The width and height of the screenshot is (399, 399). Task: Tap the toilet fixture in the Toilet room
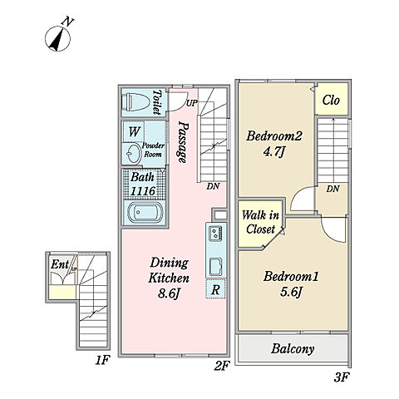137,102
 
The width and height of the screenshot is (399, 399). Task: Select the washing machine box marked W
134,131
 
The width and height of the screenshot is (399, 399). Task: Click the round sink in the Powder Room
133,154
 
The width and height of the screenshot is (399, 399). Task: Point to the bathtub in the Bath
145,212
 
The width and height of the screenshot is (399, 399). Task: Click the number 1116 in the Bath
143,191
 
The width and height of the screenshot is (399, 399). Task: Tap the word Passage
183,142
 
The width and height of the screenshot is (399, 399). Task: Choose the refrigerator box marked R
215,289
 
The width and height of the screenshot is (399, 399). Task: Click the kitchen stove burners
215,234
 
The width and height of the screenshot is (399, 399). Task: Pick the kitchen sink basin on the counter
215,267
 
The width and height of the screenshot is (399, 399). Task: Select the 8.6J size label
169,293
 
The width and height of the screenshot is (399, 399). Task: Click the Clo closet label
331,100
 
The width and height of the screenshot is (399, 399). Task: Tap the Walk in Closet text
260,222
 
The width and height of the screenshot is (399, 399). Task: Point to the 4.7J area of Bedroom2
274,151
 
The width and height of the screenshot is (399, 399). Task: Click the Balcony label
293,348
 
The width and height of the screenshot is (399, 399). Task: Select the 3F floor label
342,377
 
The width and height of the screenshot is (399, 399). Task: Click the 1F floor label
103,360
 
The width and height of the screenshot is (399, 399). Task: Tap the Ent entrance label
59,264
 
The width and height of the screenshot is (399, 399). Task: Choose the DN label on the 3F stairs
332,189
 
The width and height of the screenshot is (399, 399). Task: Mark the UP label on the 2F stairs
191,103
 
